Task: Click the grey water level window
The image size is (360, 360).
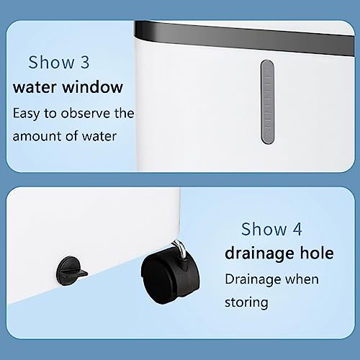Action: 267,102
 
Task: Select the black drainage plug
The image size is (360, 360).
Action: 71,271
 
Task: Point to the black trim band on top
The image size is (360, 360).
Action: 244,38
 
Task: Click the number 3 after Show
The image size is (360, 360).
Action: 85,62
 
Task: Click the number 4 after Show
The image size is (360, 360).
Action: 297,229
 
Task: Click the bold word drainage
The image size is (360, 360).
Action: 257,254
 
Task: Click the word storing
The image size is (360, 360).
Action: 246,302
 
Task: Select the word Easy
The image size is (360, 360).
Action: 27,114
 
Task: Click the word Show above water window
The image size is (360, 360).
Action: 51,62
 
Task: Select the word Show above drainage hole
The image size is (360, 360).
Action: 264,229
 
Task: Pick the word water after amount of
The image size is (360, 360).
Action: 99,137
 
